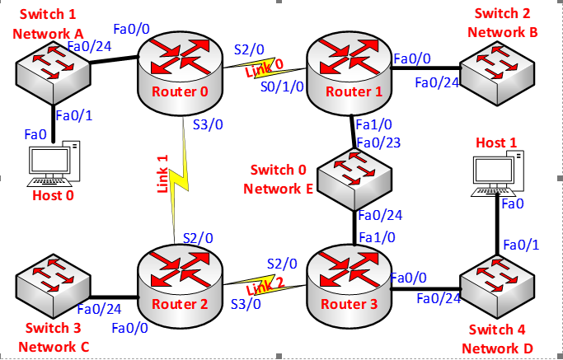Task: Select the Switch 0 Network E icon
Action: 356,179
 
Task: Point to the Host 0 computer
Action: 54,165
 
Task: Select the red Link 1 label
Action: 162,175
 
